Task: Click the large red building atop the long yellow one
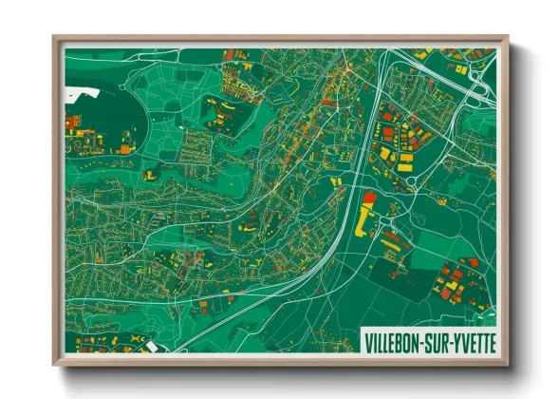click(369, 199)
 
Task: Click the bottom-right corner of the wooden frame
click(508, 366)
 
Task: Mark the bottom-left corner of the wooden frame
click(54, 366)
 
